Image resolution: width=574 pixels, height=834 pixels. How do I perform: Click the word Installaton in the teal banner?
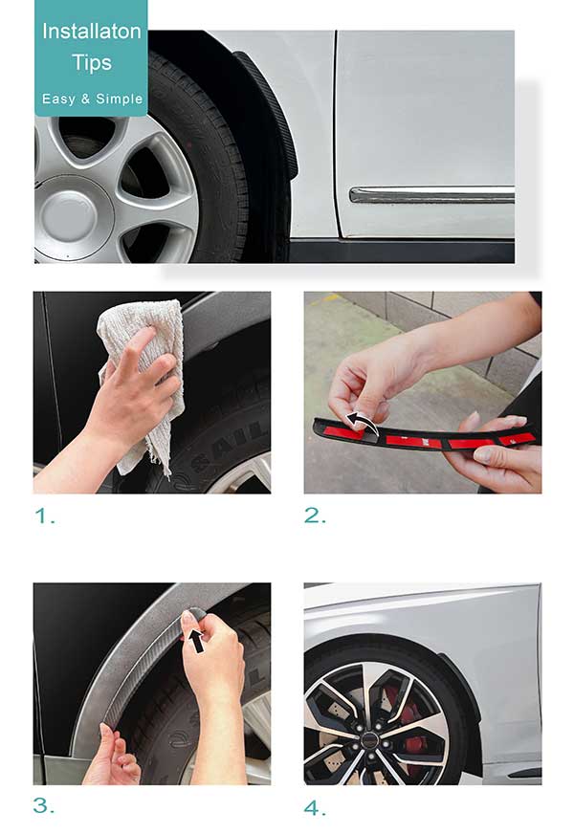(92, 32)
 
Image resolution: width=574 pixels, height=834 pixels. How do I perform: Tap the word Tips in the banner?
(92, 63)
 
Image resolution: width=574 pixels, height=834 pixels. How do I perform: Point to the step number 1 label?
(45, 516)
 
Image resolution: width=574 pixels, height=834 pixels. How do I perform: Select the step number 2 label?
(315, 516)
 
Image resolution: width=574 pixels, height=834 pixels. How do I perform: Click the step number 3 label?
(44, 805)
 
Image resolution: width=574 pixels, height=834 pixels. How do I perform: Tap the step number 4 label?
(315, 808)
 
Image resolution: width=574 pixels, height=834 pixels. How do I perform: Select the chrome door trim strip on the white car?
(431, 195)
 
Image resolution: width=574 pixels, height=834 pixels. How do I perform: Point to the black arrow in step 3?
(197, 641)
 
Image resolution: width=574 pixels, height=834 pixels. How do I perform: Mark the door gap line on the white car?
(335, 133)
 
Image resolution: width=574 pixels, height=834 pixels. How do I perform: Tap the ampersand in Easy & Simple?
(86, 99)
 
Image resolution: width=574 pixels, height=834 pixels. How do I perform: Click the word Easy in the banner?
(58, 99)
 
